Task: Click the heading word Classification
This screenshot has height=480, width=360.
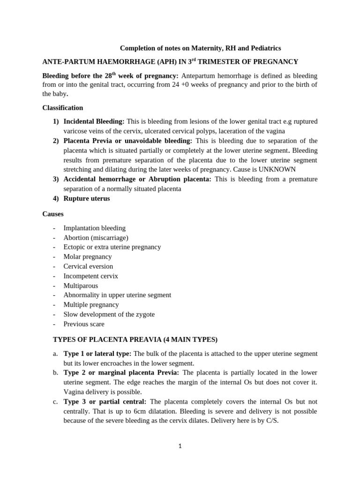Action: pos(62,108)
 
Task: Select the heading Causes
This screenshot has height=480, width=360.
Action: pos(53,214)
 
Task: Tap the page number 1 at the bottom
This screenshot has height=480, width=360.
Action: pos(180,446)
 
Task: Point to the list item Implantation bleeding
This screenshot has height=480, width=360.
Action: pos(94,228)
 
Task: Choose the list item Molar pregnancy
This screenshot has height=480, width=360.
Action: pos(88,256)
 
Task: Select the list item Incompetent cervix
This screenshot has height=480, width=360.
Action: pos(90,276)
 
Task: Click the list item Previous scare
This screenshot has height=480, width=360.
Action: pos(84,324)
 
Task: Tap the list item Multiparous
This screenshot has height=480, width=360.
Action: pos(81,285)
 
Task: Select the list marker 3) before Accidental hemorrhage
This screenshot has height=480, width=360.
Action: pos(55,179)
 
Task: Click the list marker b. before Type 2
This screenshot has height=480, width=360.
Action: pos(55,373)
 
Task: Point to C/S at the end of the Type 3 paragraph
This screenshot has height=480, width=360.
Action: pos(272,420)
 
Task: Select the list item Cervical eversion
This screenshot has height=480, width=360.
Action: pos(88,266)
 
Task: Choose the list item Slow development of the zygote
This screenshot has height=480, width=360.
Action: pos(109,314)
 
